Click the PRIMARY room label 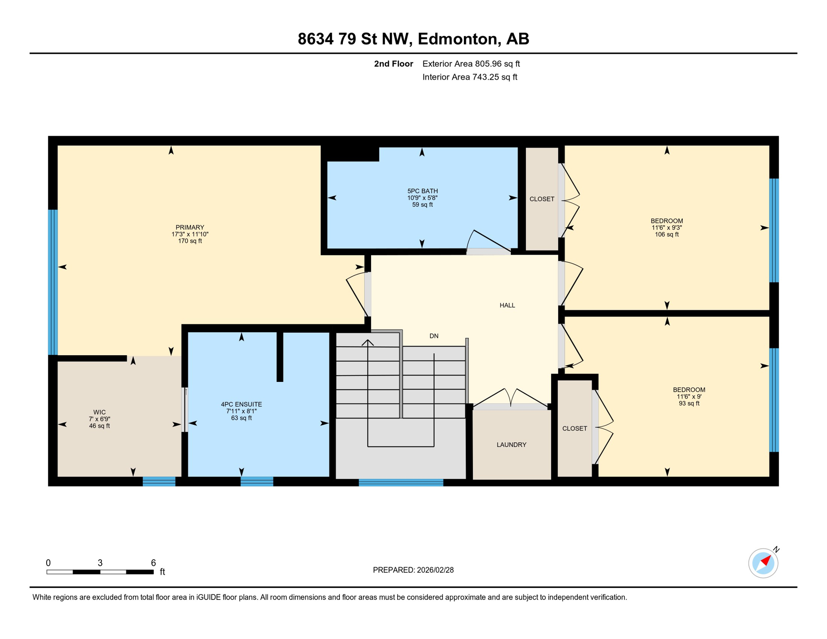[x=190, y=228]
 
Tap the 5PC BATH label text [x=422, y=191]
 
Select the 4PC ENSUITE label [x=241, y=404]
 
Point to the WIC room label [x=99, y=412]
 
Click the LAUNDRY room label [x=511, y=445]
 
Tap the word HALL [x=507, y=305]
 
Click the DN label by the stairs [x=434, y=336]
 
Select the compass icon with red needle [x=763, y=563]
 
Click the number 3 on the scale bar [x=100, y=563]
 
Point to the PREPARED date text [x=413, y=570]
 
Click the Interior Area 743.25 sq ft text [x=470, y=77]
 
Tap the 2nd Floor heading [x=393, y=64]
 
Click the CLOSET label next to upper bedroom [x=542, y=199]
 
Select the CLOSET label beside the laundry [x=574, y=428]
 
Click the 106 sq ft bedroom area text [x=666, y=235]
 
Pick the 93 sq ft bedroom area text [x=689, y=404]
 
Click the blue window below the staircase [x=401, y=483]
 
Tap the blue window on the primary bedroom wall [x=53, y=282]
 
